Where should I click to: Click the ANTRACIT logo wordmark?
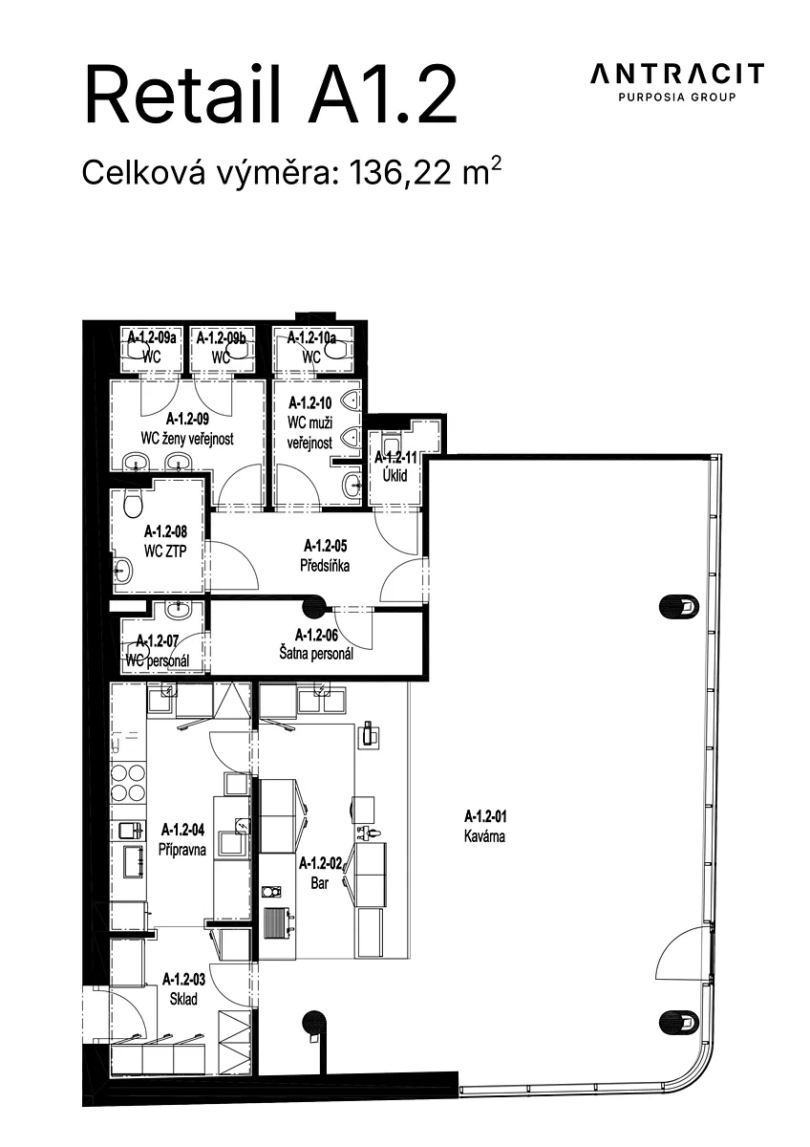tap(677, 74)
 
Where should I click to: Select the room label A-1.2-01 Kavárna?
tap(485, 826)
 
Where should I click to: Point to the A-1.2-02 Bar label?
tap(320, 874)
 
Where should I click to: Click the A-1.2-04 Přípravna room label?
tap(182, 840)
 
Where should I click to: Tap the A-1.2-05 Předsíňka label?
tap(326, 555)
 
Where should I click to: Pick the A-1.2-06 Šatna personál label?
tap(317, 644)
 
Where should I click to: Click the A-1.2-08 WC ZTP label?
tap(166, 541)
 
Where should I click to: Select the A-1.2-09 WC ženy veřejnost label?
tap(187, 428)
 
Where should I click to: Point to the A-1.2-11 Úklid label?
tap(395, 466)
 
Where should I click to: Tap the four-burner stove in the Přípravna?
tap(128, 783)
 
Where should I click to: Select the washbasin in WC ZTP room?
tap(123, 570)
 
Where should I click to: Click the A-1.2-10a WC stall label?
tap(311, 347)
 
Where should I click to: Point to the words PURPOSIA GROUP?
tap(677, 97)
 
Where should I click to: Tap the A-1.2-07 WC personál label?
tap(158, 651)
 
